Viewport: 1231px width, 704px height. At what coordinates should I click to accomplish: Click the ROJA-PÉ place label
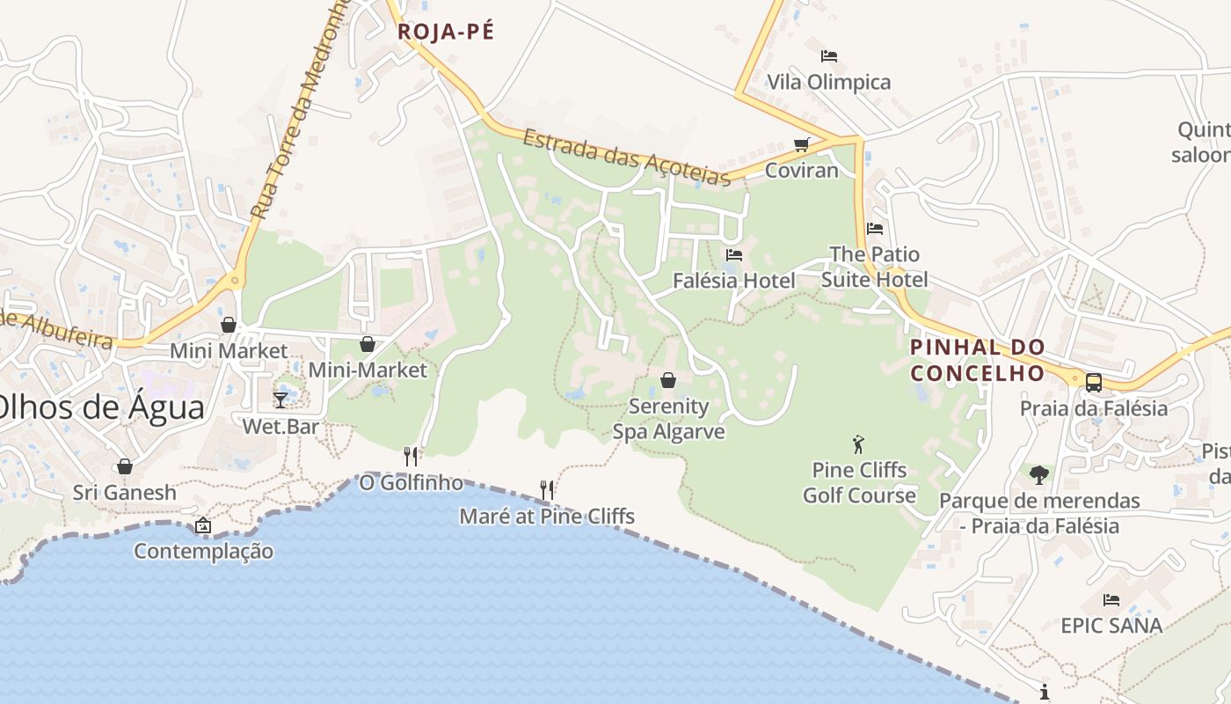446,32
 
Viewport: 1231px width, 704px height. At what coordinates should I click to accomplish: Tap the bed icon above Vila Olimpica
828,56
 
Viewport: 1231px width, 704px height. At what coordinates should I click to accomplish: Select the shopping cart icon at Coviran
801,144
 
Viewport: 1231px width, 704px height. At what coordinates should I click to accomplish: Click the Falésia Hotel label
733,281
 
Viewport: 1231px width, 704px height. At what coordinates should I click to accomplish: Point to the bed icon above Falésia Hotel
734,255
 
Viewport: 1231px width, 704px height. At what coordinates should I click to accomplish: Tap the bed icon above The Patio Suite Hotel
874,229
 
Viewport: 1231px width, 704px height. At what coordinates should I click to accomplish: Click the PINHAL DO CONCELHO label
977,360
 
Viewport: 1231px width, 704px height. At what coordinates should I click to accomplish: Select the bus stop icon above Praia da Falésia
1094,383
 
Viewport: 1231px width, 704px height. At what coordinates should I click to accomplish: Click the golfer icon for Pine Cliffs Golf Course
858,444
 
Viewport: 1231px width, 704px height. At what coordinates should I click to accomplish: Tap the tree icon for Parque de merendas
1039,475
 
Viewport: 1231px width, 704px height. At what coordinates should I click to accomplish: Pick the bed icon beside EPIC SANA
1111,600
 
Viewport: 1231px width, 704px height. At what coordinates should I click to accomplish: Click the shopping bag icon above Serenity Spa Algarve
668,380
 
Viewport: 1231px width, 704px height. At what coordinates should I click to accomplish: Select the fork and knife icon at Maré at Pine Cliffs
547,490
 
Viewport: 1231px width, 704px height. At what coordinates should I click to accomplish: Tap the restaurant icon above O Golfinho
411,456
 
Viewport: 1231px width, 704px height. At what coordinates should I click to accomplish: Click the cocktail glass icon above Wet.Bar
280,400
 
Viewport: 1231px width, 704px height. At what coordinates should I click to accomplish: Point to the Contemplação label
203,552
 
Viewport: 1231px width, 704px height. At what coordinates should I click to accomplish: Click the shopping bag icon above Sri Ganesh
125,466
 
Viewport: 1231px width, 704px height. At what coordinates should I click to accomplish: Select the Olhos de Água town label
102,407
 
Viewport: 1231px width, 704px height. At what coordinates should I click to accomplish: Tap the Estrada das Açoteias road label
627,158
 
